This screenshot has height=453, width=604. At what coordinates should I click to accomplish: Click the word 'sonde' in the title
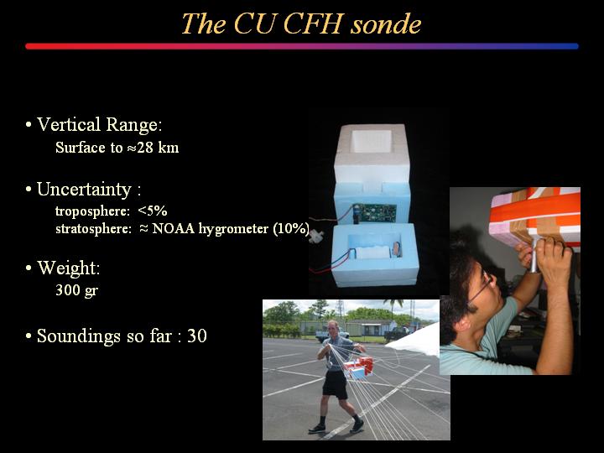pos(386,23)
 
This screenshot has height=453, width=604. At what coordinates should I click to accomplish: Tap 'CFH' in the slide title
pos(313,23)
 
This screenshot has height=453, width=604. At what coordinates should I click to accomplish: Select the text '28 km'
pos(158,148)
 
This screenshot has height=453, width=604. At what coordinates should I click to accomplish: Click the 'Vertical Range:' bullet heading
pos(99,124)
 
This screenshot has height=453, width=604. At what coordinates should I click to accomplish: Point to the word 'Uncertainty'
pos(85,190)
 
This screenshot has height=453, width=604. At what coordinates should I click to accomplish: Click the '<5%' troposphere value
pos(153,211)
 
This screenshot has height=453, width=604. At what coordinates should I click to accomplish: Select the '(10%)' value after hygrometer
pos(291,228)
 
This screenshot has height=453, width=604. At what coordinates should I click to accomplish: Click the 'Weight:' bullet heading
pos(69,268)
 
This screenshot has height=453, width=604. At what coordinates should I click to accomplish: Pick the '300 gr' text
pos(76,290)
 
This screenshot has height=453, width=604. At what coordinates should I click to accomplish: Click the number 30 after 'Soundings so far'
pos(197,336)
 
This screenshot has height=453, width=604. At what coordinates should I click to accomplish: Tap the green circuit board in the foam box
pos(377,213)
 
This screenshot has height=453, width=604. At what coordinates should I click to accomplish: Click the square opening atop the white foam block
pos(372,141)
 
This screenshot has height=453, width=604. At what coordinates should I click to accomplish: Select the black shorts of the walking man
pos(335,384)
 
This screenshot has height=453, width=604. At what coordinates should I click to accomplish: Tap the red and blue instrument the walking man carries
pos(359,368)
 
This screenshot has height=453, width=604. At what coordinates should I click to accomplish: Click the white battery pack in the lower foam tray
pos(372,253)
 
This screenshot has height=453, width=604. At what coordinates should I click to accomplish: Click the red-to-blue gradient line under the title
pos(302,46)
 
